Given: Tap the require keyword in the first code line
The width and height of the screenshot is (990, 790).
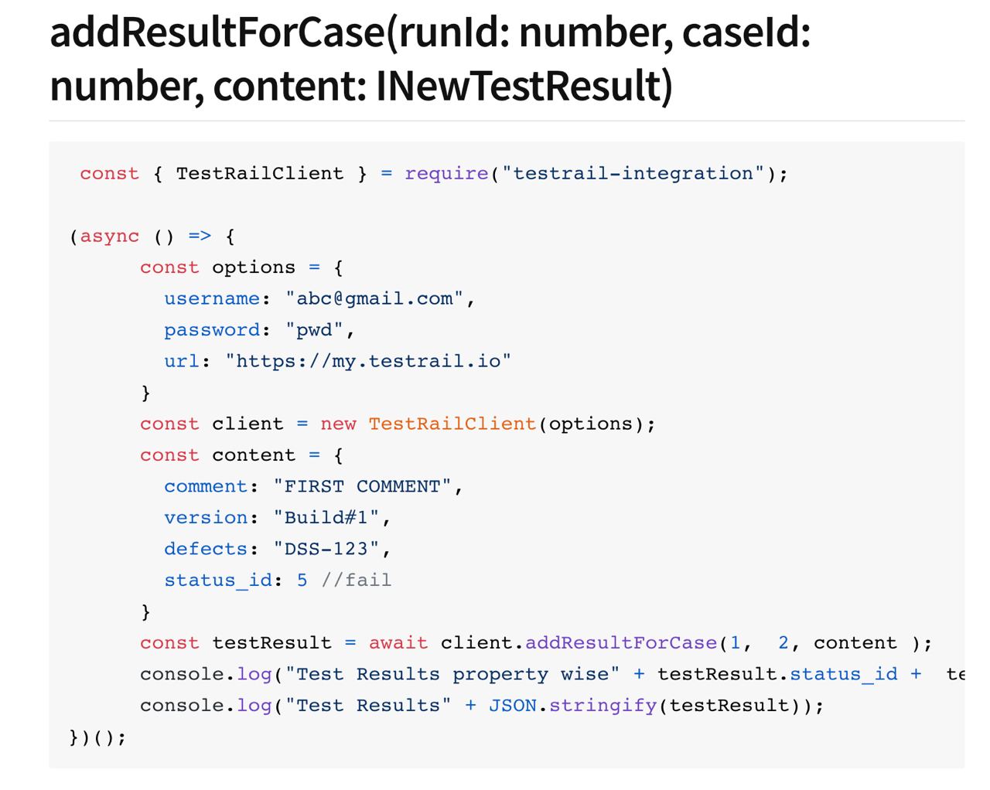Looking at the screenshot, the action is (446, 174).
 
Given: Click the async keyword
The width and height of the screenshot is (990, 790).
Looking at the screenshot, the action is (110, 237).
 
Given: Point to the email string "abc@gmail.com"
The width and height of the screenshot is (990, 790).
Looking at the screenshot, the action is (374, 299).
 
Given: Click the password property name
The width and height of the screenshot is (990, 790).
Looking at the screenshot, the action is (212, 330).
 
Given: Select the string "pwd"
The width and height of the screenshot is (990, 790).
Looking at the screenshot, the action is (314, 330).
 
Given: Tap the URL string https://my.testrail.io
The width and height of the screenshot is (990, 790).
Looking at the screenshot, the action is (368, 362).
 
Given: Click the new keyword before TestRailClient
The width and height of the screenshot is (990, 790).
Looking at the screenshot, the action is (338, 424).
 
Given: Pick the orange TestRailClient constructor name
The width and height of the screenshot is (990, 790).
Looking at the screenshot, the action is (452, 424).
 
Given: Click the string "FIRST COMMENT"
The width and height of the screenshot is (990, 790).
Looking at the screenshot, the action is (362, 486).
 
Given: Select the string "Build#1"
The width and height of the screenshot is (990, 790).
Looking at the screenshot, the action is (326, 518).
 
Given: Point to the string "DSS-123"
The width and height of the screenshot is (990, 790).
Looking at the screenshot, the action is (326, 549).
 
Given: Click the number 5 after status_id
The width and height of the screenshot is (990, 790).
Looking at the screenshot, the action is (302, 581).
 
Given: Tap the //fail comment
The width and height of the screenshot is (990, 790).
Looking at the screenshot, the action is (357, 581).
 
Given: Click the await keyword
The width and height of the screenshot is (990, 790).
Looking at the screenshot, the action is (398, 643).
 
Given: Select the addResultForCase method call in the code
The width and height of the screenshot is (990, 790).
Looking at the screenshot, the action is (621, 643).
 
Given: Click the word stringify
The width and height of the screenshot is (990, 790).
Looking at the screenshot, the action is (603, 706).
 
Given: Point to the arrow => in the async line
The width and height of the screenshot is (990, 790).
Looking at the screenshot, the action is (200, 237).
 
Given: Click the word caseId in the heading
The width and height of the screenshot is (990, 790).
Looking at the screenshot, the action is (746, 33).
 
